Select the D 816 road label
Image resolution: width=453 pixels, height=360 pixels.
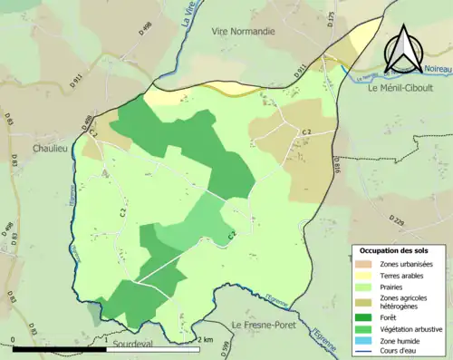[x=337, y=164]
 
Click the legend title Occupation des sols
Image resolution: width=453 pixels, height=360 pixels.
[x=396, y=249]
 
